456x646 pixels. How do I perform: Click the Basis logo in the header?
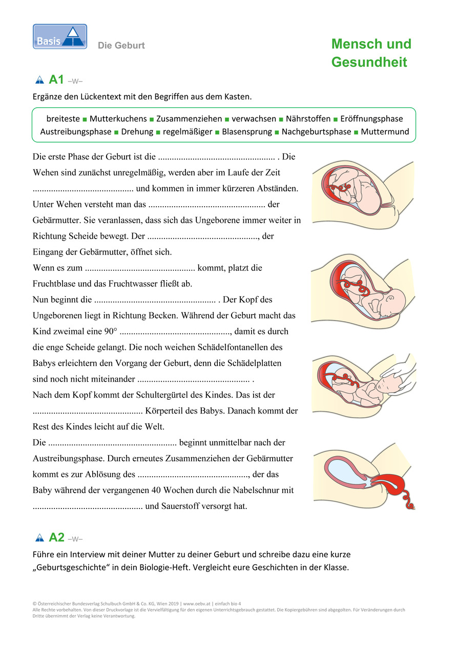click(x=60, y=37)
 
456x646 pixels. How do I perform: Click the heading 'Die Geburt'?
click(x=121, y=46)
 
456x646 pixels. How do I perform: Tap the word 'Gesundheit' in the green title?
click(x=369, y=63)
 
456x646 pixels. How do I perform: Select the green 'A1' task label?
click(x=56, y=80)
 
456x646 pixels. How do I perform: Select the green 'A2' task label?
click(x=56, y=538)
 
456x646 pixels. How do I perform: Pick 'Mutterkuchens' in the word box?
click(x=118, y=119)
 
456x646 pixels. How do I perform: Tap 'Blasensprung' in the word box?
click(x=247, y=132)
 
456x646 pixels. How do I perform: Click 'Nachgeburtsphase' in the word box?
click(x=317, y=132)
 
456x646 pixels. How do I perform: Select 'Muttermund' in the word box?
click(x=385, y=132)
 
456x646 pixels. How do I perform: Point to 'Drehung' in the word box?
click(x=137, y=132)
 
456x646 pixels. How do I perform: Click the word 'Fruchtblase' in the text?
click(x=53, y=284)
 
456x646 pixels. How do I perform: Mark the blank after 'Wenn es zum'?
click(x=140, y=268)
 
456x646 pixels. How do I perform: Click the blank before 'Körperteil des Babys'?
click(x=88, y=412)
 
